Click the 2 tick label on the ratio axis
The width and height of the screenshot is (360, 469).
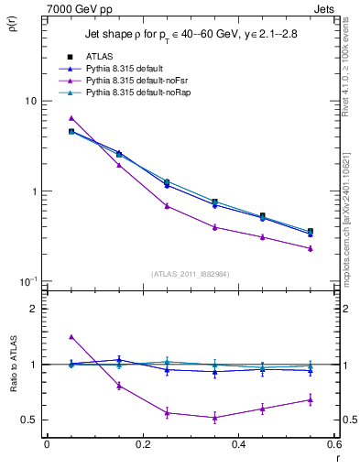tap(34, 309)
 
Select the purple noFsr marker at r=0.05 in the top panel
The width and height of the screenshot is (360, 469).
tap(71, 118)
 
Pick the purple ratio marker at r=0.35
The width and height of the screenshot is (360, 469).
tap(214, 418)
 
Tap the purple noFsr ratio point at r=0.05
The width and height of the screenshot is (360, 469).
tap(71, 337)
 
